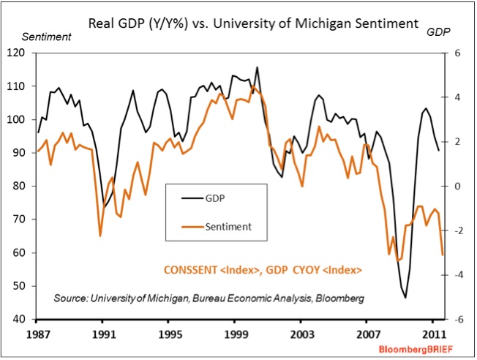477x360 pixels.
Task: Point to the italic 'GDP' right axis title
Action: click(x=438, y=33)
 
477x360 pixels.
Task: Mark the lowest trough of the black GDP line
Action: click(x=405, y=298)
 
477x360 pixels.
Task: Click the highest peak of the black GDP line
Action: click(x=257, y=67)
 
